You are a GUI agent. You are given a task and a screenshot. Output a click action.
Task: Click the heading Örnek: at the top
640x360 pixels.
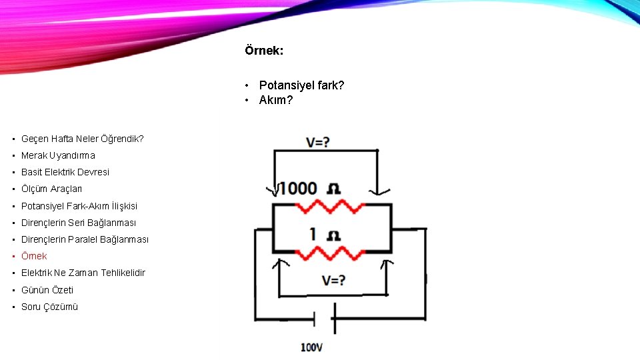coord(263,51)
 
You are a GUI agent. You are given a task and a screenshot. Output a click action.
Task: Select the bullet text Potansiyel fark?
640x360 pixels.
coord(301,85)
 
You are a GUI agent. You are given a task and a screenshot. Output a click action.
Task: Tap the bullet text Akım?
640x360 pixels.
coord(275,100)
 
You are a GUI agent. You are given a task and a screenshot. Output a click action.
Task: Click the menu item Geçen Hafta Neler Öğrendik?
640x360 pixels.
coord(82,139)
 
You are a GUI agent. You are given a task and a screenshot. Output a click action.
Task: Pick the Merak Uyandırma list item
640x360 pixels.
coord(58,155)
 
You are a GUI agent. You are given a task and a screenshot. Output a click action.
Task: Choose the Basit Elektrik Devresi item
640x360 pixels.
coord(65,172)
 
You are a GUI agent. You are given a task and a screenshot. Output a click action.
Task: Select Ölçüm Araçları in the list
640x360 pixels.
coord(51,189)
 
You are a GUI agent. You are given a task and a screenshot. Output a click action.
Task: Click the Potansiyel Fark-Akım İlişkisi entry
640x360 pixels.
coord(79,206)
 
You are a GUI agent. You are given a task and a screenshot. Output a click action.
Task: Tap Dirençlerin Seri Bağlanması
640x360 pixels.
coord(78,223)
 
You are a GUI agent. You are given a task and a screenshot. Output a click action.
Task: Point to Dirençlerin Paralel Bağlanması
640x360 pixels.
coord(85,239)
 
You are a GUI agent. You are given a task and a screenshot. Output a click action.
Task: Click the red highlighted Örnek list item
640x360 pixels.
coord(34,256)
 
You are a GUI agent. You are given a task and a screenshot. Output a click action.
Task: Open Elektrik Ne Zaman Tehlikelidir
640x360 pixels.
coord(83,273)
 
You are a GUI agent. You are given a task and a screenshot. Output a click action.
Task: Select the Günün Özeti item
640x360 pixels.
coord(47,290)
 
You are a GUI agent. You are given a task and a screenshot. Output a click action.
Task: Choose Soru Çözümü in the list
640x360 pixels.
coord(49,307)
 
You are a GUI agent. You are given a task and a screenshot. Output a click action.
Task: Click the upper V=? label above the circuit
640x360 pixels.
coord(317,142)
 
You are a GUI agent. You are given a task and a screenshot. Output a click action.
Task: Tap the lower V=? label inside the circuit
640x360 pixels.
coord(333,281)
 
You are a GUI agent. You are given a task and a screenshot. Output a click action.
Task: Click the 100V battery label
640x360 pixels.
coord(312,347)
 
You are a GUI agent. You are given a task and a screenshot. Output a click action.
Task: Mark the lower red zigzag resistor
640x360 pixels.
coord(331,253)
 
